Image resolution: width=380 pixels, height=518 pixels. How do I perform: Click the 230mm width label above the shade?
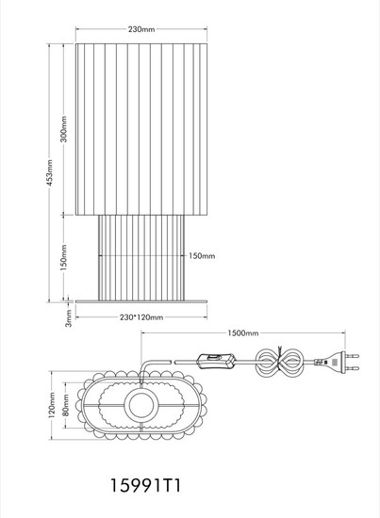141,29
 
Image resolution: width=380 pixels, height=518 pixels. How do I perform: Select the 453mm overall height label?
49,172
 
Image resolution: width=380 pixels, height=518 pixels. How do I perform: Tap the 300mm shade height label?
63,129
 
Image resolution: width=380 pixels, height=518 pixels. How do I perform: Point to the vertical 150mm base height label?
63,258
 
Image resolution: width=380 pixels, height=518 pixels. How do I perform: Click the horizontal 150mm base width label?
202,255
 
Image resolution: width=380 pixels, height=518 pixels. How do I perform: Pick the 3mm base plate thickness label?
68,318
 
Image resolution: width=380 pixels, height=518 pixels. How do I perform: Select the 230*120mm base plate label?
141,317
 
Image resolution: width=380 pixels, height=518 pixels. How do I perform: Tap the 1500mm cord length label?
243,333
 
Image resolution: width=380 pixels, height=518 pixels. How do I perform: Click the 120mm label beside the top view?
52,405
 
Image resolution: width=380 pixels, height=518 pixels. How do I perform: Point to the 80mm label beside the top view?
65,405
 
